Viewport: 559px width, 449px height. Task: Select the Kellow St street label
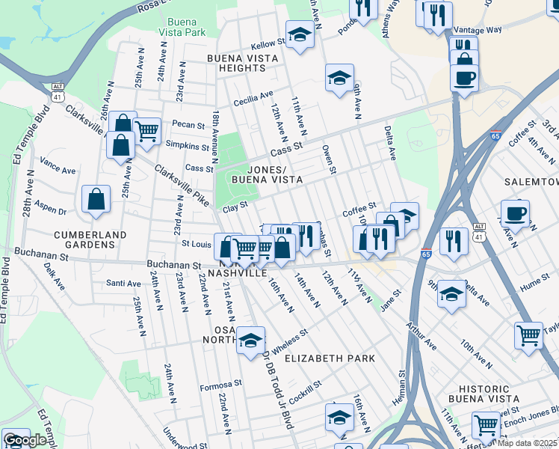tap(265, 45)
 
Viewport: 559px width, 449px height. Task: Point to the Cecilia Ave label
tap(253, 98)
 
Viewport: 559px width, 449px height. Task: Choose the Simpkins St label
tap(188, 146)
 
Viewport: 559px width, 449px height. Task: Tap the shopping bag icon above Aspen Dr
tap(96, 199)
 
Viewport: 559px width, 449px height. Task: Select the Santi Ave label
tap(124, 284)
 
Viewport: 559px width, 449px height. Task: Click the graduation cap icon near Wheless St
tap(251, 340)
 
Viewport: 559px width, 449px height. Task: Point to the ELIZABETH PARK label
tap(330, 358)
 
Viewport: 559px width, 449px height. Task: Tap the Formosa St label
tap(221, 386)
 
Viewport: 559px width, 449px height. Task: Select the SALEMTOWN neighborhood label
tap(531, 183)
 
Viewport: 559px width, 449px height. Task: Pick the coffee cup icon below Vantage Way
tap(464, 78)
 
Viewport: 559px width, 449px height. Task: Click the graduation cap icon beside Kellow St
tap(300, 35)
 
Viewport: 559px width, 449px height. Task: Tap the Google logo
tap(25, 440)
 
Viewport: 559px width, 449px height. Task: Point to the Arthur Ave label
tap(423, 337)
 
